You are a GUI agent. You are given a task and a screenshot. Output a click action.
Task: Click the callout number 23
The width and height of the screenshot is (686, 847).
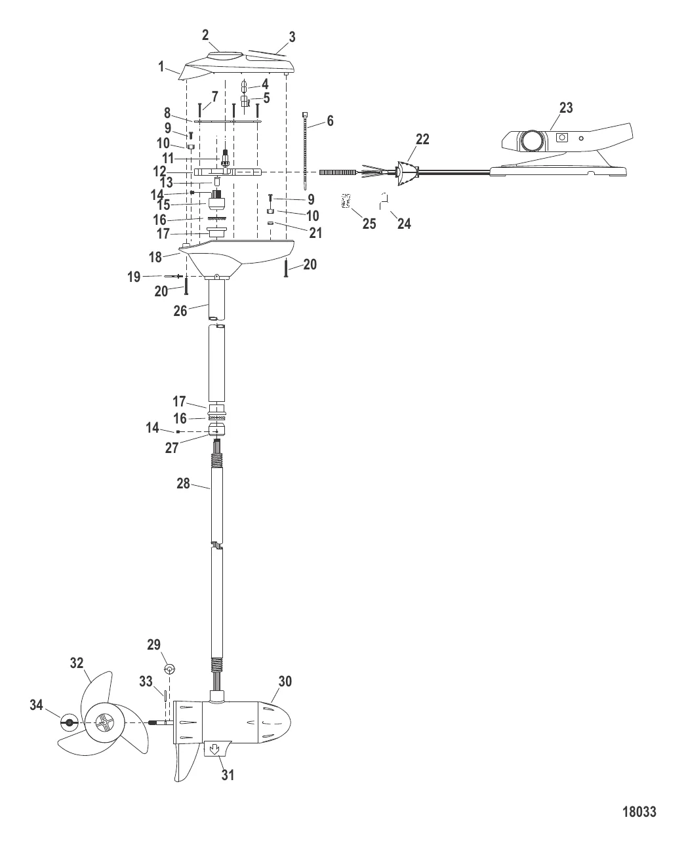click(565, 108)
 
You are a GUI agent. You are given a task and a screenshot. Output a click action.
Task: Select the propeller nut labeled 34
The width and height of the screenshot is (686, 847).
click(68, 724)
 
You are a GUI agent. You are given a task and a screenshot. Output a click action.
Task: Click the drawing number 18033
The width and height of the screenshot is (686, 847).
click(638, 812)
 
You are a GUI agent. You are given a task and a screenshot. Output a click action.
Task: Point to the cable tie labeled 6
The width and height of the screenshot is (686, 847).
click(306, 151)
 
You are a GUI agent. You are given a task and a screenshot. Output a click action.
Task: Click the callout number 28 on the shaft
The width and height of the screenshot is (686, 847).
click(183, 484)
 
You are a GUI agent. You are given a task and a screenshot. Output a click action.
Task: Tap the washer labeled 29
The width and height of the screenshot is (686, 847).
click(169, 669)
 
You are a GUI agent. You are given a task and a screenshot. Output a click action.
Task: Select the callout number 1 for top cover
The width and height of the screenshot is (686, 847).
click(161, 66)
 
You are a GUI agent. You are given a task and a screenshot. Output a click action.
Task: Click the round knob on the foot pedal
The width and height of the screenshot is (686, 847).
click(532, 140)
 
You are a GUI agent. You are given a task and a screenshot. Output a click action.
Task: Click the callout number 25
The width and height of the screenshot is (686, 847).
click(369, 224)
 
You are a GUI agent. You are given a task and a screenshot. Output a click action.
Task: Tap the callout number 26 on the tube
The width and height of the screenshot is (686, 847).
click(180, 311)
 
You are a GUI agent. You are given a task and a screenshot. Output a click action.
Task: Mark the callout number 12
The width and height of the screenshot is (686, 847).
click(160, 171)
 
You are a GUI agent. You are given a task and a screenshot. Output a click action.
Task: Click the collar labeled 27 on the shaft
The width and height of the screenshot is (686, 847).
click(216, 429)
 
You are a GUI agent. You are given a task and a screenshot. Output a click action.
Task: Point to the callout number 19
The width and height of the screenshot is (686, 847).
click(134, 277)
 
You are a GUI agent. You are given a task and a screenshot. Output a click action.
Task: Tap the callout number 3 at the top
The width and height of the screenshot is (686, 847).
click(292, 37)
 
